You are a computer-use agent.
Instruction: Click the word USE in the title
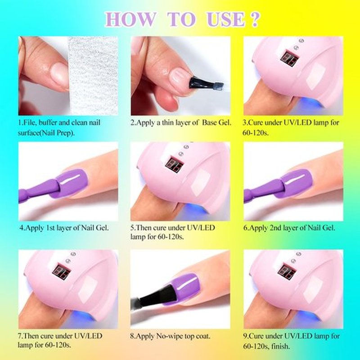pyautogui.click(x=225, y=20)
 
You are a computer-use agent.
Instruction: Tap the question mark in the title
pyautogui.click(x=254, y=20)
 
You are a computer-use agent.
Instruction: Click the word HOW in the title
pyautogui.click(x=130, y=20)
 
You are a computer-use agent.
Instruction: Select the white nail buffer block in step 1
pyautogui.click(x=93, y=76)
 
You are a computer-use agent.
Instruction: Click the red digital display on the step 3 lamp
pyautogui.click(x=290, y=58)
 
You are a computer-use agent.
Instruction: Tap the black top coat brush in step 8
pyautogui.click(x=159, y=296)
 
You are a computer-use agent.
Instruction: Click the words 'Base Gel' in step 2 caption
pyautogui.click(x=216, y=123)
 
